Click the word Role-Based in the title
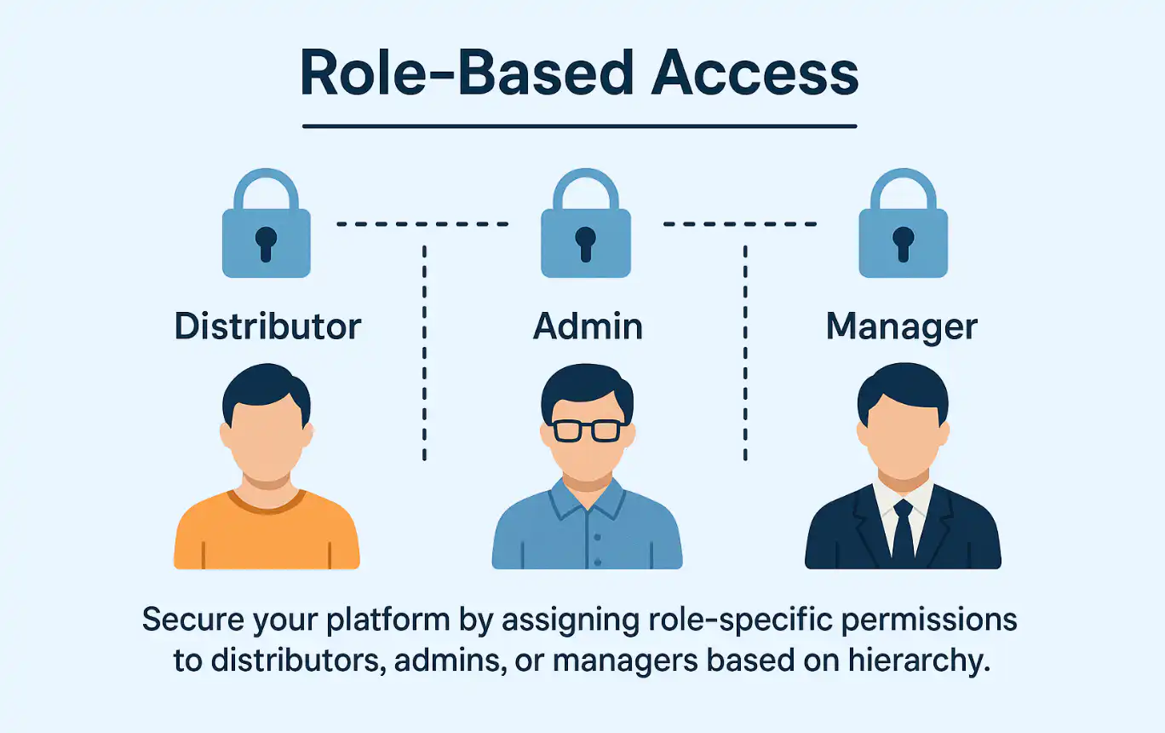point(468,74)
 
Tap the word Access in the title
point(755,74)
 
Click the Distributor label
point(267,326)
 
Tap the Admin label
point(588,326)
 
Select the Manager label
point(902,326)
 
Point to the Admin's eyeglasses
point(587,430)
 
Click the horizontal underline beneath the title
point(579,127)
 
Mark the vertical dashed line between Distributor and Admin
point(424,354)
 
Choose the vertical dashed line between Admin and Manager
point(745,354)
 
